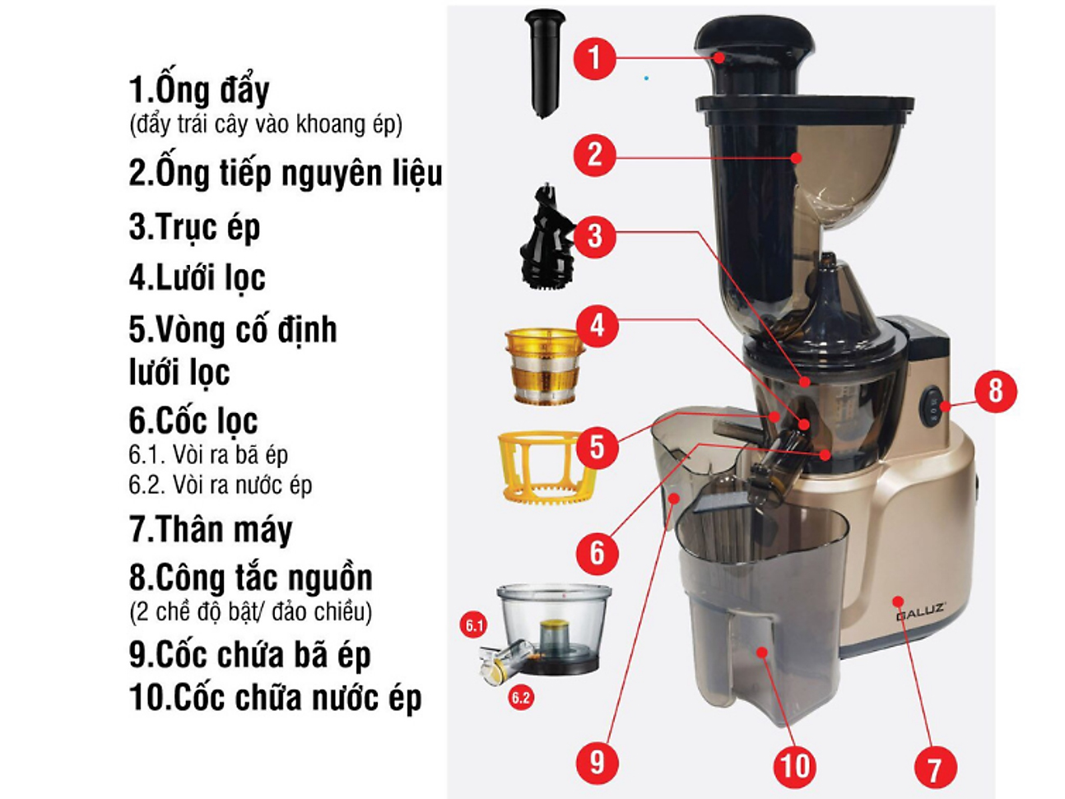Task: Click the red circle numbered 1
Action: tap(594, 58)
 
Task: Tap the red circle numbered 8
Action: tap(995, 391)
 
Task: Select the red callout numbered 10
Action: tap(794, 764)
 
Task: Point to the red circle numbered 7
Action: tap(935, 768)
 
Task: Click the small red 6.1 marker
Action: tap(474, 626)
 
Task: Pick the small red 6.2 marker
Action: tap(520, 698)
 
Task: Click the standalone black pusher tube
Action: tap(544, 63)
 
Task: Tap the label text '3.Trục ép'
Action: tap(194, 226)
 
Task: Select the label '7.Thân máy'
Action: tap(211, 528)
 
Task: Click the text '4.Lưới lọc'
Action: tap(198, 277)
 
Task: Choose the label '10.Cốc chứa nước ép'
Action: tap(276, 698)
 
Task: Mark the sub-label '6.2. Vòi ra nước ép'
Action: tap(221, 485)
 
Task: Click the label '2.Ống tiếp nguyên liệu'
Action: tap(286, 174)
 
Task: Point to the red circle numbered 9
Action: tap(597, 761)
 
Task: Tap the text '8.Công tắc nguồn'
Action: tap(251, 578)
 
